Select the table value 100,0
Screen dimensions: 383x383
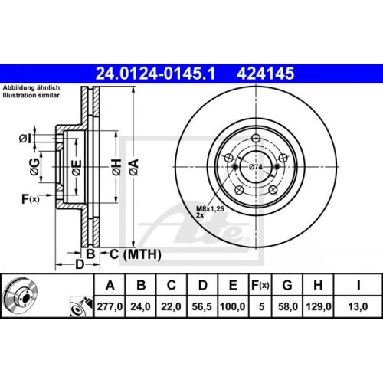pyautogui.click(x=231, y=306)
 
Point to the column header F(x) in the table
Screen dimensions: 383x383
pyautogui.click(x=259, y=286)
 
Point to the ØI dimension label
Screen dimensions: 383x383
pyautogui.click(x=26, y=139)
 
